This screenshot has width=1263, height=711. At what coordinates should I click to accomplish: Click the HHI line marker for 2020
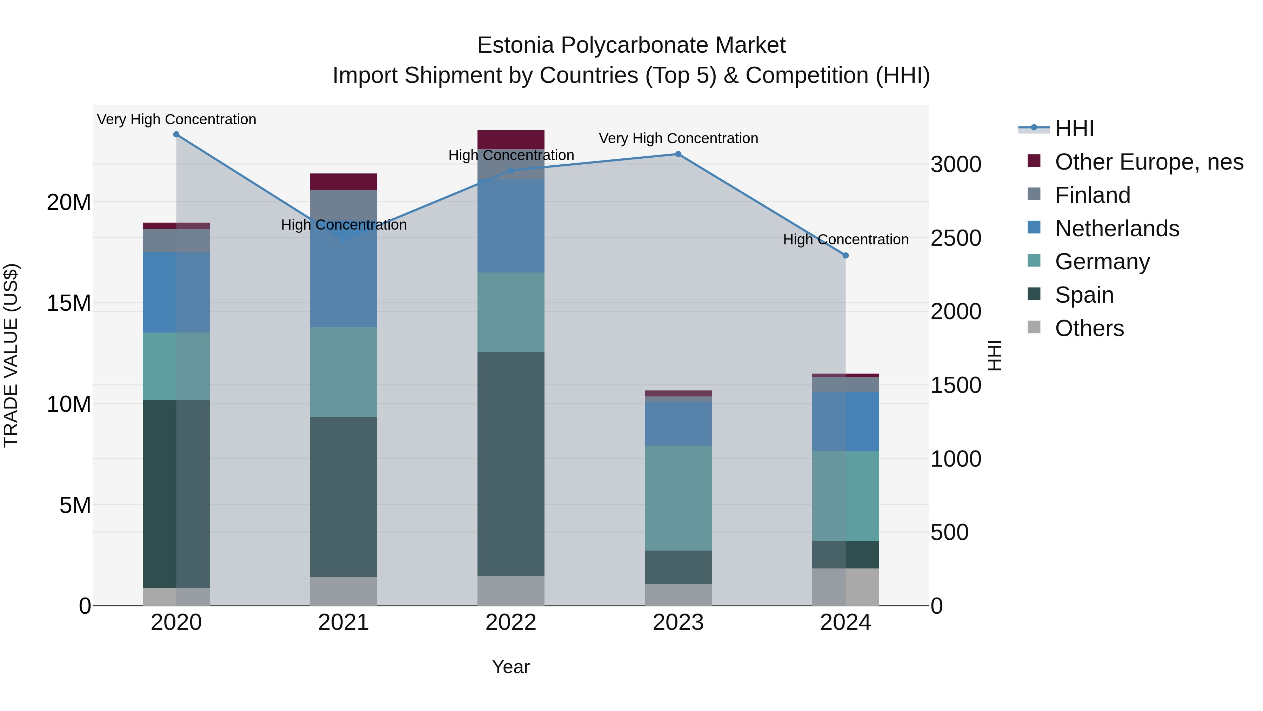[x=176, y=134]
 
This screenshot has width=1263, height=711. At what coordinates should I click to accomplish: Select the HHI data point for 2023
[x=678, y=154]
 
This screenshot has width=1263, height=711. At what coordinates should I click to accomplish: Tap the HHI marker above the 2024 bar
[x=845, y=256]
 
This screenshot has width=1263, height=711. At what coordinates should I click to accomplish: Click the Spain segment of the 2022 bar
[x=511, y=464]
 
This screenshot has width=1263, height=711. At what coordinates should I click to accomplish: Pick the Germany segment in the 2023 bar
[x=678, y=498]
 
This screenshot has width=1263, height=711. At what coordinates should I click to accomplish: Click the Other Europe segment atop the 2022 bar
[x=511, y=139]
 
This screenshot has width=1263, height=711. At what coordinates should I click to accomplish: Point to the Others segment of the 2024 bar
[x=845, y=587]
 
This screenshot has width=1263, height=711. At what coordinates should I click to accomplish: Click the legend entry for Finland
[x=1092, y=195]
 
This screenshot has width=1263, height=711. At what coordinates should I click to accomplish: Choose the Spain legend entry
[x=1084, y=295]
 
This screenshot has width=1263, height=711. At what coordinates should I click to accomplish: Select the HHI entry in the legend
[x=1074, y=129]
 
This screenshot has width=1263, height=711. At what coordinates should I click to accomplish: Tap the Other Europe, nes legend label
[x=1149, y=162]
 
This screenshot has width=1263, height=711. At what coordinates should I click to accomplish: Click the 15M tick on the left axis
[x=69, y=303]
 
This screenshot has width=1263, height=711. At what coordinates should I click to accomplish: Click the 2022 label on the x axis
[x=511, y=623]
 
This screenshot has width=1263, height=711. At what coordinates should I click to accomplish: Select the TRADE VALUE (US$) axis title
[x=11, y=355]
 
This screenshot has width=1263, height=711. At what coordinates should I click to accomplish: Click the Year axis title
[x=511, y=667]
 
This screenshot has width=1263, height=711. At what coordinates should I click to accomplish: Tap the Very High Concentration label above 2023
[x=678, y=138]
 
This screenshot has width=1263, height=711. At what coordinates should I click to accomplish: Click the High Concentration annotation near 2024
[x=845, y=239]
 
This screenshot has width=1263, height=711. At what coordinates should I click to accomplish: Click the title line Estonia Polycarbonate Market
[x=631, y=45]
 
